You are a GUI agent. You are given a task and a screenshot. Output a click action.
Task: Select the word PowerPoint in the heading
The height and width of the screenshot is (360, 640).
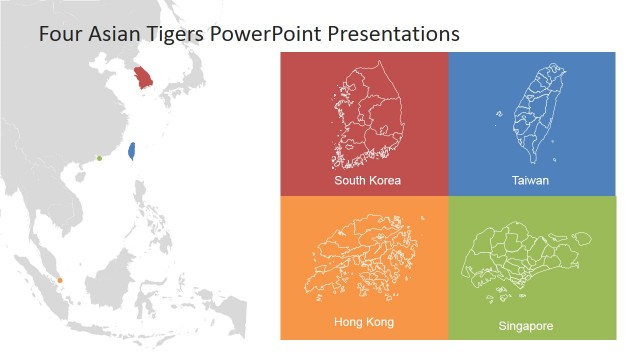click(x=261, y=33)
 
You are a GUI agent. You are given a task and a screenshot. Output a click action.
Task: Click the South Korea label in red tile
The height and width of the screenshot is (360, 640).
click(x=367, y=181)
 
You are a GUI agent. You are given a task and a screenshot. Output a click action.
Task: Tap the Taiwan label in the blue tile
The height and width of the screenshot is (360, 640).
click(x=530, y=181)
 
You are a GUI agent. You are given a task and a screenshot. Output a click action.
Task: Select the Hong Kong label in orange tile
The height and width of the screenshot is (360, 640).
click(x=363, y=322)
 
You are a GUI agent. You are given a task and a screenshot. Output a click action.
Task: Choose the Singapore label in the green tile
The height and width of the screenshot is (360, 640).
click(x=525, y=326)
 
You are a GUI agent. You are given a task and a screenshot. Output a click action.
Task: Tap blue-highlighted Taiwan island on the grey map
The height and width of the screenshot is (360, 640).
click(x=132, y=151)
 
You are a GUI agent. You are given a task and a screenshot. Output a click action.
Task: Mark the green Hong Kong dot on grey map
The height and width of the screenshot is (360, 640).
click(x=99, y=158)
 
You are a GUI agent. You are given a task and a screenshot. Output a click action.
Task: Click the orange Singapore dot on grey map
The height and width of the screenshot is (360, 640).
click(x=60, y=280)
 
